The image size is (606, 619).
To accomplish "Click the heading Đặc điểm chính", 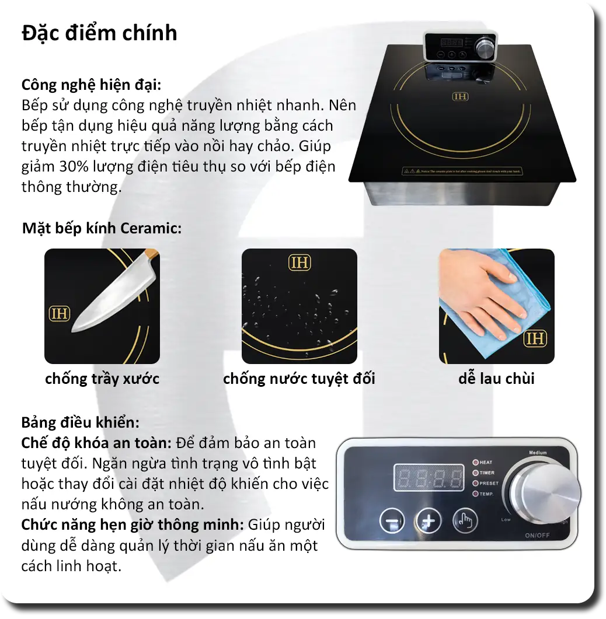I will tap(99, 33).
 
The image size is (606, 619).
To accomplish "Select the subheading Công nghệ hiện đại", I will tap(91, 85).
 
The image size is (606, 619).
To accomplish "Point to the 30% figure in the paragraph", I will tap(73, 167).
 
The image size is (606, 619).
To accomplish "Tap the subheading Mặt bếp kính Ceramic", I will tap(102, 228).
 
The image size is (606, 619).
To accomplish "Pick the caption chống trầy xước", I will tap(102, 379).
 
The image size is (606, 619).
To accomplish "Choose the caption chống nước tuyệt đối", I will tap(299, 379).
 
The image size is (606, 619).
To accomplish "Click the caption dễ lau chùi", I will tap(496, 379).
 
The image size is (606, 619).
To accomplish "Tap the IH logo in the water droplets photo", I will tap(299, 263).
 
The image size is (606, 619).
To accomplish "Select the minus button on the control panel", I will tap(392, 521).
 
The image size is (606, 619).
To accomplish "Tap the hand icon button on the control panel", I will tap(465, 521).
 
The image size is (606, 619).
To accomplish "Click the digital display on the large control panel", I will tap(428, 477).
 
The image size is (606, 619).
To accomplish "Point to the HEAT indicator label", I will tap(486, 463).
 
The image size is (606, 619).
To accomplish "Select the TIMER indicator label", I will tap(487, 473).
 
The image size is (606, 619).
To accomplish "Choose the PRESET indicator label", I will tap(489, 484).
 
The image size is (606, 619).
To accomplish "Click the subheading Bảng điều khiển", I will tap(81, 422).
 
